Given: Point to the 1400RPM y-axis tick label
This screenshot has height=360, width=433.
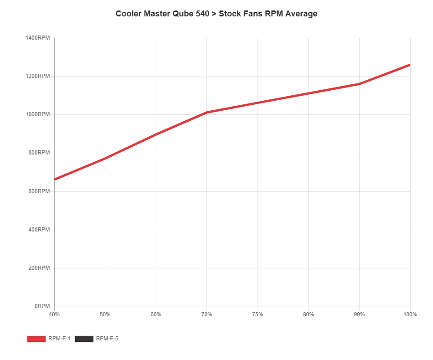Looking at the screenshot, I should (x=37, y=37).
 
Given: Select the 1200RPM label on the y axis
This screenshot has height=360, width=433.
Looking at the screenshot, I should (x=37, y=76).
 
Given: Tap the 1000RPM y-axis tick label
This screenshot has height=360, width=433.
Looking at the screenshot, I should (x=37, y=114).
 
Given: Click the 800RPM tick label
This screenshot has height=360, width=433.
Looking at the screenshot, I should (x=39, y=153).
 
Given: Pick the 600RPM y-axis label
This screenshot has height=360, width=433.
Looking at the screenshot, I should (x=39, y=191).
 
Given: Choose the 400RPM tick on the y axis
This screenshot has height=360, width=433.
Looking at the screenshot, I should (x=39, y=229).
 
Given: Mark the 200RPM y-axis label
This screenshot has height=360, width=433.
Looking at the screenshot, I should (x=39, y=267).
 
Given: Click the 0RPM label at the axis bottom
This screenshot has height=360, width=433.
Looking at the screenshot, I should (x=41, y=306).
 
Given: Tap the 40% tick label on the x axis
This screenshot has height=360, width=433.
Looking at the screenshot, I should (x=54, y=314).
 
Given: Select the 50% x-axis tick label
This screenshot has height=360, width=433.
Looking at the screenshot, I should (x=105, y=314).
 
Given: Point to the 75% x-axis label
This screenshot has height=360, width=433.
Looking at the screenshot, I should (x=258, y=314).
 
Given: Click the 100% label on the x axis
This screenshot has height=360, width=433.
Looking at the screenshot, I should (x=410, y=314).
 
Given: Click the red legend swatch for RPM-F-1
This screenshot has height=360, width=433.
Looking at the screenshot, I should (x=36, y=339).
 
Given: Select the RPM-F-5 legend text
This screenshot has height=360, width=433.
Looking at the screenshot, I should (x=107, y=339).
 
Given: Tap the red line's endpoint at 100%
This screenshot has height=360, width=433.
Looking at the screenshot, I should (x=410, y=65).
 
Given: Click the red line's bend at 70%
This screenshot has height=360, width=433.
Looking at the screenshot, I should (x=207, y=112).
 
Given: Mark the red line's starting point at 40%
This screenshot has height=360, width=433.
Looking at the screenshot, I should (x=55, y=179).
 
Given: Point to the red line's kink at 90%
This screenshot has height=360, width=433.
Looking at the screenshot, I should (x=359, y=84).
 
